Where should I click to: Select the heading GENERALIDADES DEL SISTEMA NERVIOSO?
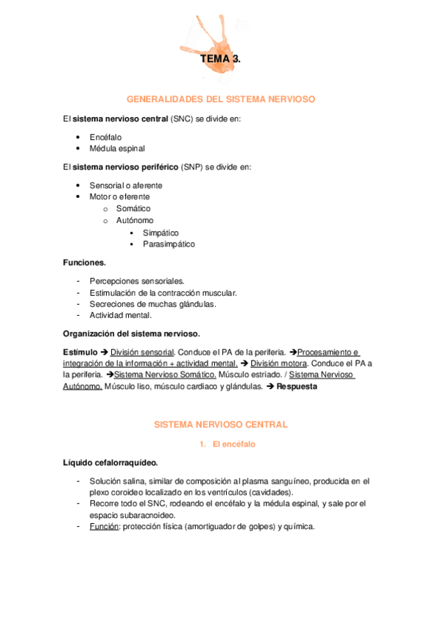[221, 98]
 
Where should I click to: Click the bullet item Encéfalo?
[105, 137]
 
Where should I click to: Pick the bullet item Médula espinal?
[117, 148]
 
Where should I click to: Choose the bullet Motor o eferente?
[119, 197]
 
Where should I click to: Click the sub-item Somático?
[133, 209]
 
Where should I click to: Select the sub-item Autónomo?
[135, 221]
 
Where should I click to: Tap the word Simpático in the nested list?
[160, 233]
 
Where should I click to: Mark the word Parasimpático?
[169, 244]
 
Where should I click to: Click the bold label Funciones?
[85, 262]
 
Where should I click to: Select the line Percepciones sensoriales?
[137, 280]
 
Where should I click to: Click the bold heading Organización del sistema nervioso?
[132, 333]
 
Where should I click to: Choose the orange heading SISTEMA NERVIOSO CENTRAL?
[220, 425]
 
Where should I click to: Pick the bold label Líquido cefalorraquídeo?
[110, 463]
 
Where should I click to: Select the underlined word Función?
[103, 527]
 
